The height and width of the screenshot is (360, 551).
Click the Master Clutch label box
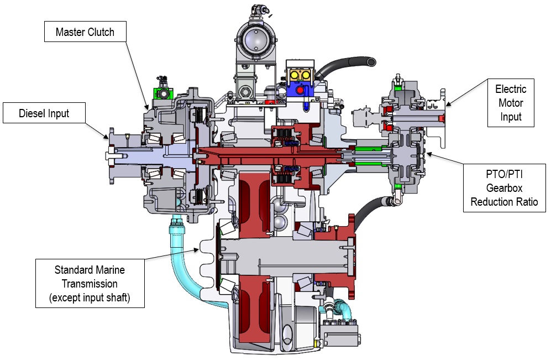[85, 32]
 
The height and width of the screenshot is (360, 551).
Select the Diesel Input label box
[44, 113]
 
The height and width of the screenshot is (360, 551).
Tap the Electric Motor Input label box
[511, 103]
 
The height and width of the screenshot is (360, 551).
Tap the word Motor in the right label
[511, 103]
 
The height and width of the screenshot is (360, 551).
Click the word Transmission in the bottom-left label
[90, 284]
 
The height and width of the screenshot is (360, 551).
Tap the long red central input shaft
[265, 155]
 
